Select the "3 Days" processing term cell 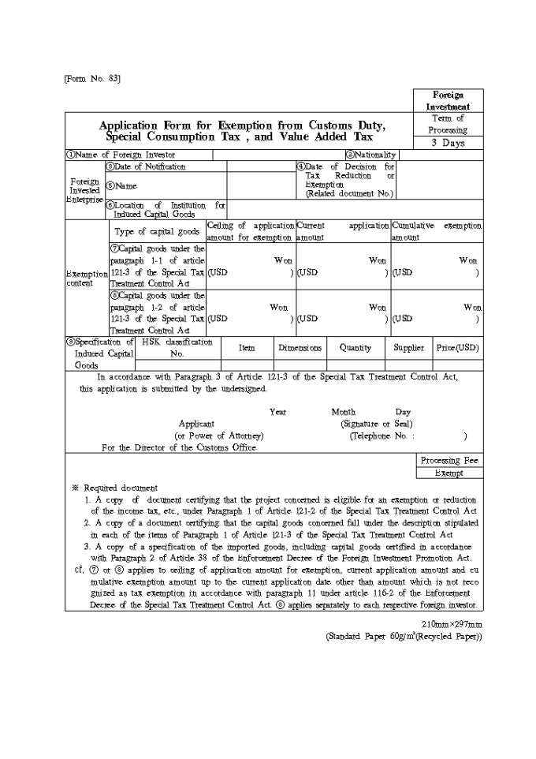click(448, 143)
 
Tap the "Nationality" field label click(370, 155)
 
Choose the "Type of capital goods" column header click(157, 231)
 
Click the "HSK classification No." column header click(177, 348)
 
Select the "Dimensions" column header click(300, 348)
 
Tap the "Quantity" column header click(355, 348)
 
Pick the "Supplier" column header click(409, 348)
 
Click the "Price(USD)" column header click(457, 348)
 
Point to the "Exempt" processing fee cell click(449, 473)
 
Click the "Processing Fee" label click(449, 461)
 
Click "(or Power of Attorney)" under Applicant click(219, 436)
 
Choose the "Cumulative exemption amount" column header click(437, 231)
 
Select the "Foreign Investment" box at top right click(448, 100)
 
